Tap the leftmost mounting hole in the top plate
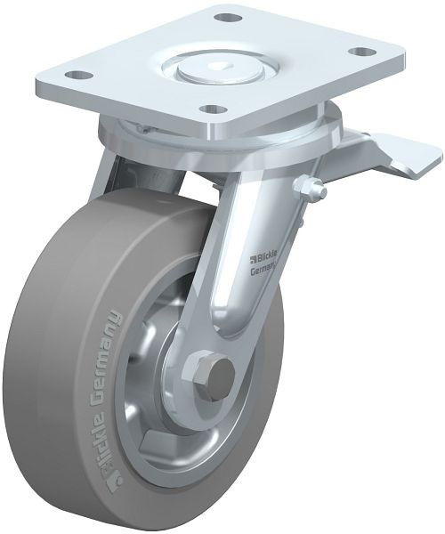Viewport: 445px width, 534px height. tap(77, 76)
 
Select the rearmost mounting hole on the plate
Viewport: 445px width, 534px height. tap(230, 18)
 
